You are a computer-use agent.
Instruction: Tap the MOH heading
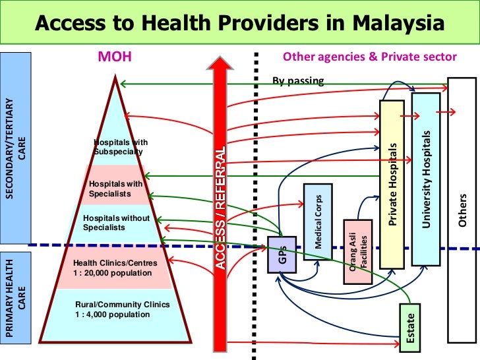click(x=115, y=57)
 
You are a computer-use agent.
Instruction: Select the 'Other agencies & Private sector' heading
click(x=369, y=57)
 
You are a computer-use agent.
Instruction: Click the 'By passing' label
click(x=298, y=81)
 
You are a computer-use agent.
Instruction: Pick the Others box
click(x=463, y=211)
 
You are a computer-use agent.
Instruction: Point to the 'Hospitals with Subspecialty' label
click(x=121, y=147)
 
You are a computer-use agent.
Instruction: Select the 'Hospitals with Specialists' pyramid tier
click(x=116, y=189)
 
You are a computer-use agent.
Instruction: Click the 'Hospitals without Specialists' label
click(x=117, y=223)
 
